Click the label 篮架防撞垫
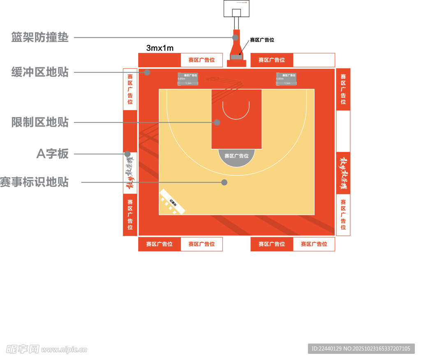pos(40,38)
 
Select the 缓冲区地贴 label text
pos(40,73)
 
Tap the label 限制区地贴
pos(40,122)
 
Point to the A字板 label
pos(53,154)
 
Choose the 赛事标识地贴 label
pos(35,182)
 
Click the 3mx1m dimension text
pos(160,48)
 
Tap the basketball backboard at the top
pos(237,9)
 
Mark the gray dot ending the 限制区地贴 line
pos(217,122)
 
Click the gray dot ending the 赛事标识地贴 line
pos(224,182)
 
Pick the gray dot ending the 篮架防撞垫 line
pos(235,37)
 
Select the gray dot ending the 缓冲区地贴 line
pos(147,72)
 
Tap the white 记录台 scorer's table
pos(173,202)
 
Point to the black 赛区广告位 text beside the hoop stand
pos(262,40)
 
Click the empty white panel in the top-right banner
pos(314,60)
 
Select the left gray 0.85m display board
pos(187,79)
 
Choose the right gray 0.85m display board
pos(286,79)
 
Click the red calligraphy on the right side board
pos(343,173)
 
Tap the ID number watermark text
pos(361,348)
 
